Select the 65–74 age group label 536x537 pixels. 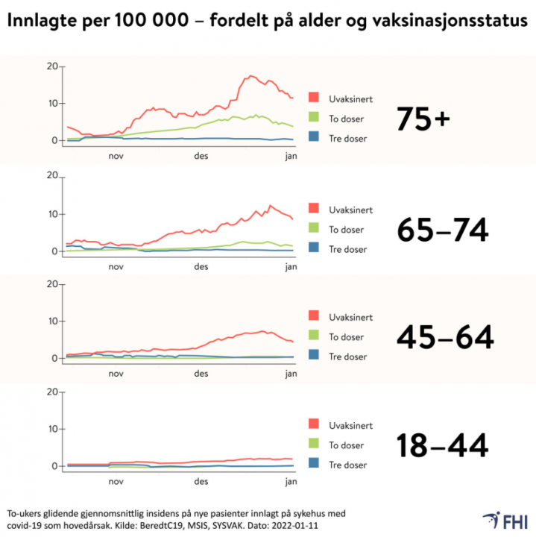click(442, 230)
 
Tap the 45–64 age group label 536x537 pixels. click(445, 337)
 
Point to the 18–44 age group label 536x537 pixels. click(442, 445)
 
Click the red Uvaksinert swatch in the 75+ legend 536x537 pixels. click(314, 98)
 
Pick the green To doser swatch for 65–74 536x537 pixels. click(314, 228)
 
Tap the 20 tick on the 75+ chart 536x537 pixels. click(51, 66)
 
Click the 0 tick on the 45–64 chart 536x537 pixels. click(54, 359)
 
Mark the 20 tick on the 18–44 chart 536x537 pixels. click(51, 392)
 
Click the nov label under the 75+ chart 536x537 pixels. click(116, 157)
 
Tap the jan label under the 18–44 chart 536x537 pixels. click(291, 482)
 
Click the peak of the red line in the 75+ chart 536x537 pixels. click(251, 75)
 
